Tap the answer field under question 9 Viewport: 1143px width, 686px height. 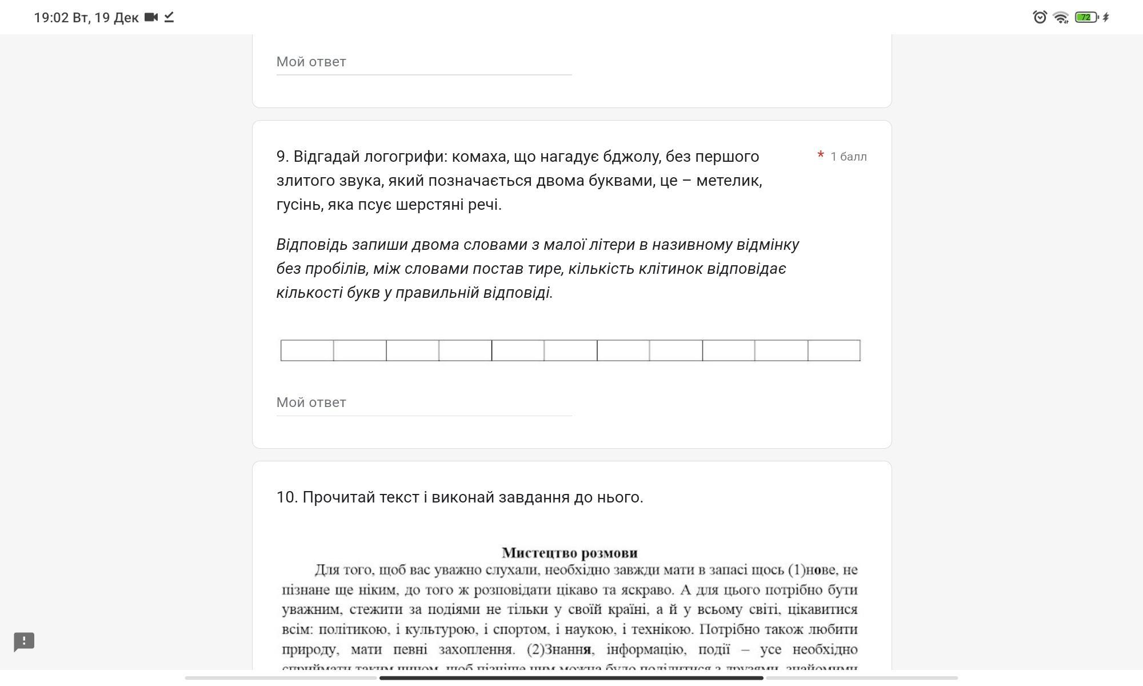423,402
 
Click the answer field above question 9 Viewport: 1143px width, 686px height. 423,62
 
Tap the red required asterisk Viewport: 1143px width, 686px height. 821,155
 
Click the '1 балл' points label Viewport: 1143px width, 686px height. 849,157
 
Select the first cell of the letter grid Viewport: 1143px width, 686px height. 307,350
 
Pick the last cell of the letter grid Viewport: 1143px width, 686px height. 834,350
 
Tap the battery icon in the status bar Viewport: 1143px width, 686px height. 1086,17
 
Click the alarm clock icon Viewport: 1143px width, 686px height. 1040,17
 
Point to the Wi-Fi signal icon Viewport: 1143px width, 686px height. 1061,17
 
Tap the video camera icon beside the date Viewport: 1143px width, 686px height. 151,17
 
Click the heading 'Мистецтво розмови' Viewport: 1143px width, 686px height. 570,553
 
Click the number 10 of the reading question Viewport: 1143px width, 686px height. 286,497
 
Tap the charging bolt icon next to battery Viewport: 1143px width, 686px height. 1106,17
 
